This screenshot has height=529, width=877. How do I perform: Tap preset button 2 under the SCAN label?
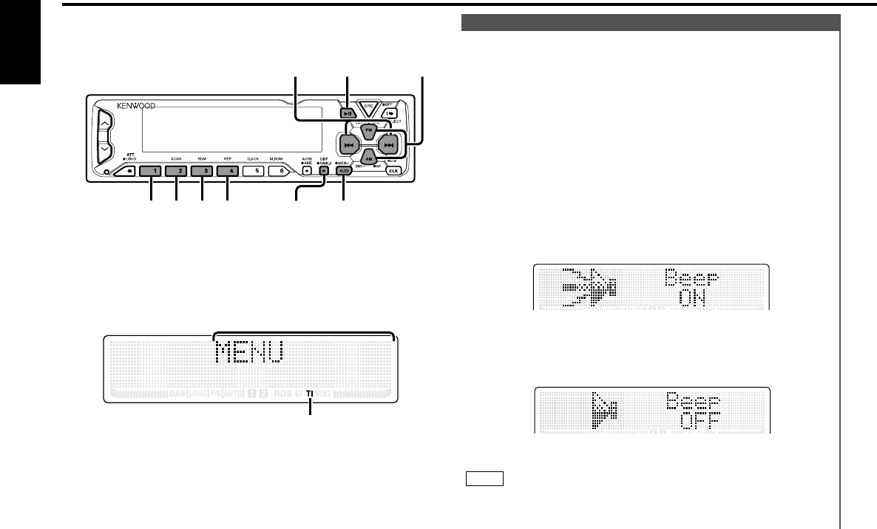(177, 171)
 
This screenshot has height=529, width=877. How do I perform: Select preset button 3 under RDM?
(202, 171)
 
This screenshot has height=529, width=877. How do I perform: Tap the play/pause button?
(347, 113)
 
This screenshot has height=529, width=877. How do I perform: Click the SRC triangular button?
(367, 109)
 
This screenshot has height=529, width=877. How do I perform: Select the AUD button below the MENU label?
(344, 171)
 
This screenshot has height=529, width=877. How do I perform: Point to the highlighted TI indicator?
(311, 394)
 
